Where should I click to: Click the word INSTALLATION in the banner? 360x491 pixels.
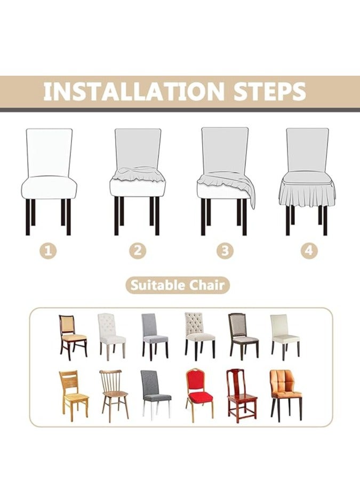(134, 91)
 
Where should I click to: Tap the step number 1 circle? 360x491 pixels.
(49, 249)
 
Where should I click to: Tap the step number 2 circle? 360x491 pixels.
(137, 249)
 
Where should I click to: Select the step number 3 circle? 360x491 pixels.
(225, 249)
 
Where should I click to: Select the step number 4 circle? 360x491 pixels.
(308, 249)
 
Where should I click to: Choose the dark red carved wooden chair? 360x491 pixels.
(241, 395)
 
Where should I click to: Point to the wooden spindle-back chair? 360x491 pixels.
(114, 394)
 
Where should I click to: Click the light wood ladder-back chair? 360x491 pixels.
(73, 395)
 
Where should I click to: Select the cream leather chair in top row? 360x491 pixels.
(284, 334)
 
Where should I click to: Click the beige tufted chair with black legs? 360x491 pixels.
(199, 335)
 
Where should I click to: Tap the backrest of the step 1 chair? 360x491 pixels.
(49, 152)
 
